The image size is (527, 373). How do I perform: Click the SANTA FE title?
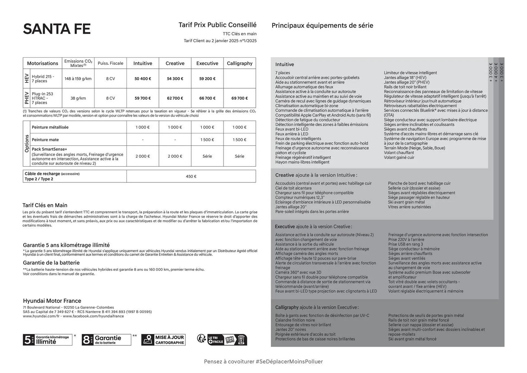pyautogui.click(x=57, y=29)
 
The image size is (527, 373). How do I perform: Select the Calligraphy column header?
pyautogui.click(x=240, y=63)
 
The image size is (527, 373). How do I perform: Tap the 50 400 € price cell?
pyautogui.click(x=143, y=79)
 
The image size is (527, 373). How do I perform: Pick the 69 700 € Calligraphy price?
pyautogui.click(x=240, y=98)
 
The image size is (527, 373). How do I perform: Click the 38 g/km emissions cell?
pyautogui.click(x=78, y=98)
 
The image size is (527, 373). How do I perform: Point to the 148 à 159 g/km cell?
pyautogui.click(x=78, y=79)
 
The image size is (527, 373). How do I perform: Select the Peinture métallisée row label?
pyautogui.click(x=50, y=127)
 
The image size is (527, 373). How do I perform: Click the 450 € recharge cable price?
pyautogui.click(x=191, y=177)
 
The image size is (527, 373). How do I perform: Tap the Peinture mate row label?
pyautogui.click(x=45, y=140)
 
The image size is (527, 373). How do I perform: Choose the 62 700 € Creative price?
pyautogui.click(x=175, y=98)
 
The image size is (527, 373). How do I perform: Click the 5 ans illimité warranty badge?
pyautogui.click(x=47, y=340)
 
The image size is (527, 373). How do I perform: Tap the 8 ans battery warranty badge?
pyautogui.click(x=106, y=340)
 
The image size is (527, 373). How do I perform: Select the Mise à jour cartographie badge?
pyautogui.click(x=163, y=340)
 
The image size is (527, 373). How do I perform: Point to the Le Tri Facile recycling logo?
pyautogui.click(x=222, y=340)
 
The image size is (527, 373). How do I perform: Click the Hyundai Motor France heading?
pyautogui.click(x=52, y=301)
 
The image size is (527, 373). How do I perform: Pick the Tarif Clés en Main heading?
pyautogui.click(x=45, y=205)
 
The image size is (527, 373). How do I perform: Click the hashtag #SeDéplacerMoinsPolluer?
pyautogui.click(x=289, y=362)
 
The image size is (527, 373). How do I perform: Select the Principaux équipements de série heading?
pyautogui.click(x=323, y=26)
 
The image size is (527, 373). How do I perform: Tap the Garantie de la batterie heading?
pyautogui.click(x=51, y=263)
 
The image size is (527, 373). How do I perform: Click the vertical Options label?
pyautogui.click(x=27, y=144)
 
